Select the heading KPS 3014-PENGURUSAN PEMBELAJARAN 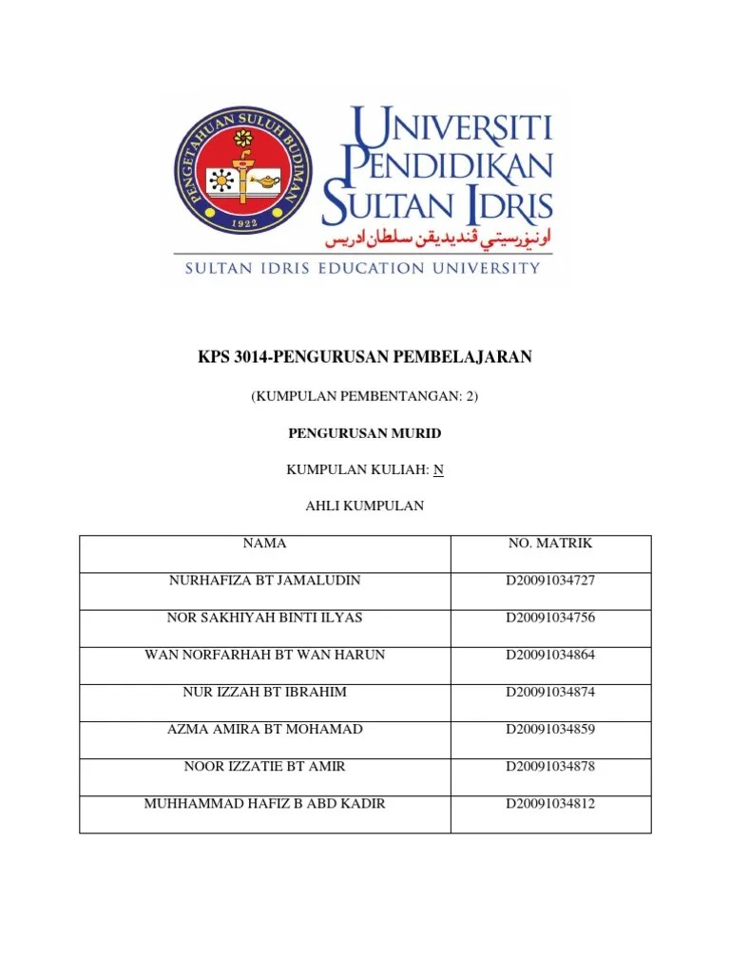coord(365,357)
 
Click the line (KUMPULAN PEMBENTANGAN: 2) coord(365,396)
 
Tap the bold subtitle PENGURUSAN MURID coord(365,433)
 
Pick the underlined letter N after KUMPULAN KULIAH coord(438,469)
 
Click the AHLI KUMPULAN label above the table coord(365,506)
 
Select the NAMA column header coord(264,544)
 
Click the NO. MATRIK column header coord(550,544)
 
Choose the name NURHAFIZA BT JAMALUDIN coord(264,581)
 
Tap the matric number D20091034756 coord(550,618)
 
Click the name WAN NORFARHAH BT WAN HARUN coord(264,655)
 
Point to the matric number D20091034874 coord(550,692)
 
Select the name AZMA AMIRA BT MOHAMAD coord(264,729)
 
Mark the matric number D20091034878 coord(550,766)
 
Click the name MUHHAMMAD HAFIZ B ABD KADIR coord(264,804)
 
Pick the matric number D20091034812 coord(550,804)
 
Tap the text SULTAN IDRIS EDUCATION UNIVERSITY coord(362,269)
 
